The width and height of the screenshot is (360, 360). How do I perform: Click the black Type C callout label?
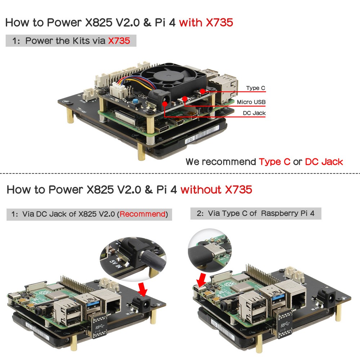click(256, 88)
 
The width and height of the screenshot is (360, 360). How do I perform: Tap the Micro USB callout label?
click(251, 102)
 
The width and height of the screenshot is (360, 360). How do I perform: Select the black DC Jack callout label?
click(254, 113)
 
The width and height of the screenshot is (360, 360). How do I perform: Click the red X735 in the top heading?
click(220, 23)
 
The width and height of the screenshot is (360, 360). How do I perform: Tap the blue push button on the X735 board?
click(136, 102)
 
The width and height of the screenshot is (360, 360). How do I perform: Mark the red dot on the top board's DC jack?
click(165, 103)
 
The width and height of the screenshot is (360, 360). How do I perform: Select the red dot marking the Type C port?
click(203, 91)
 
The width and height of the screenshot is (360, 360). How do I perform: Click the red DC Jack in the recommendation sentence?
click(324, 162)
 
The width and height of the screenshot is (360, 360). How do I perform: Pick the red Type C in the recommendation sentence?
click(274, 162)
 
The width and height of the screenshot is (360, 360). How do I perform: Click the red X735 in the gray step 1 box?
click(119, 41)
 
